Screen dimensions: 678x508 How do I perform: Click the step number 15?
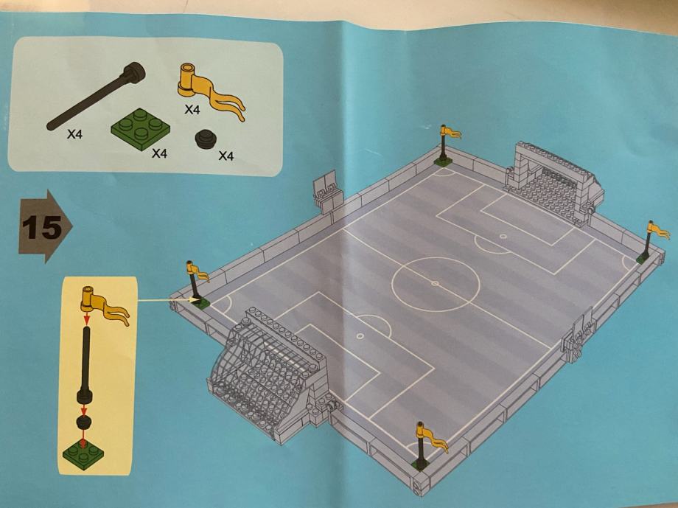pyautogui.click(x=41, y=227)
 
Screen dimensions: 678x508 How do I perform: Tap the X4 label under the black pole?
pyautogui.click(x=74, y=135)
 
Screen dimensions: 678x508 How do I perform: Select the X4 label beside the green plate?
pyautogui.click(x=159, y=153)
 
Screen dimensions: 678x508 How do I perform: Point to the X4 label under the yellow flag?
pyautogui.click(x=192, y=109)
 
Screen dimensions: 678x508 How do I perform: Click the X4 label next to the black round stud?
pyautogui.click(x=226, y=156)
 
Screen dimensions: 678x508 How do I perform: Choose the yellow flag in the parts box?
pyautogui.click(x=210, y=90)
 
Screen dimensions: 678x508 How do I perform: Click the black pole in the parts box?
pyautogui.click(x=96, y=95)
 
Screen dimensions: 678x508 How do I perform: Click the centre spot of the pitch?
pyautogui.click(x=436, y=284)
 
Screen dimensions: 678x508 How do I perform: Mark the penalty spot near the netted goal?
pyautogui.click(x=360, y=335)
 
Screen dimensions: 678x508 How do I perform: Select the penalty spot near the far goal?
pyautogui.click(x=503, y=236)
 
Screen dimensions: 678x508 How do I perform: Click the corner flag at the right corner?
pyautogui.click(x=651, y=241)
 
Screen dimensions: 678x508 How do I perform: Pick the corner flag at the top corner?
pyautogui.click(x=445, y=145)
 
